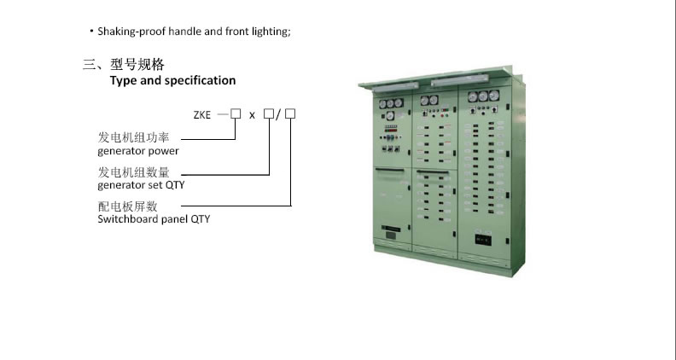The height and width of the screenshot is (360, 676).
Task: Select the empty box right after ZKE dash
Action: click(x=236, y=113)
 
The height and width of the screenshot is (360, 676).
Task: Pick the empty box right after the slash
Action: click(x=290, y=113)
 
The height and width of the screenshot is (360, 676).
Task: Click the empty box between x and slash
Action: click(x=269, y=113)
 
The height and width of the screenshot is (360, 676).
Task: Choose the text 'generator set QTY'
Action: click(x=142, y=184)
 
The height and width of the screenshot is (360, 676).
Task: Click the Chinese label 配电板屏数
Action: click(x=128, y=206)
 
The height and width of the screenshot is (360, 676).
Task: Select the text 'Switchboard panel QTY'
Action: click(x=154, y=219)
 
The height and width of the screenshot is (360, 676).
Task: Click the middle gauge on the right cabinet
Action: click(x=482, y=96)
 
